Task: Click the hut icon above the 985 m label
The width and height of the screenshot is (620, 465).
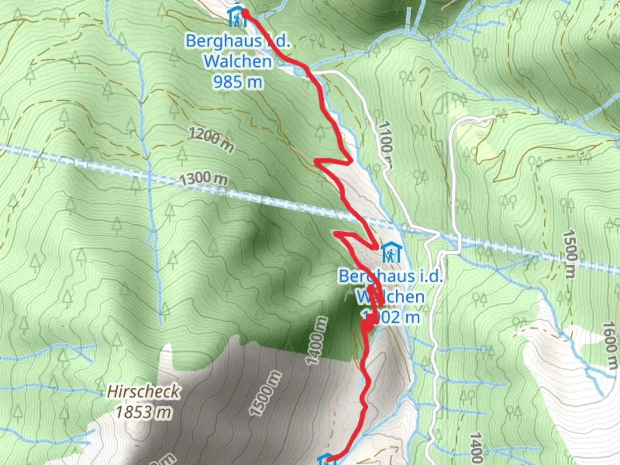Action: [236, 17]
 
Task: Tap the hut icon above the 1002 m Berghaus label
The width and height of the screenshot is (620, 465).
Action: [391, 252]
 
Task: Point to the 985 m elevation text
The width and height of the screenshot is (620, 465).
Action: [238, 81]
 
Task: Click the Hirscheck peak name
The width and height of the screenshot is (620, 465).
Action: [144, 391]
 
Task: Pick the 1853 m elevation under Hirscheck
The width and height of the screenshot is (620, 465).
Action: [143, 412]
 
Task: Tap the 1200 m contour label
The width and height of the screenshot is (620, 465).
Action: [211, 140]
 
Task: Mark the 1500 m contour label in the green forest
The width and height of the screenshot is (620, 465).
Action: [569, 254]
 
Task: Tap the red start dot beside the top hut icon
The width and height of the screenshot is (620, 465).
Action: [245, 13]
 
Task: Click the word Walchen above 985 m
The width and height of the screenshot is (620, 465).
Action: [238, 61]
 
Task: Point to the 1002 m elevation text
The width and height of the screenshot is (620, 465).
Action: [392, 317]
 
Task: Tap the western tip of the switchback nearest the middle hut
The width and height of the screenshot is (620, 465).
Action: [336, 234]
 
